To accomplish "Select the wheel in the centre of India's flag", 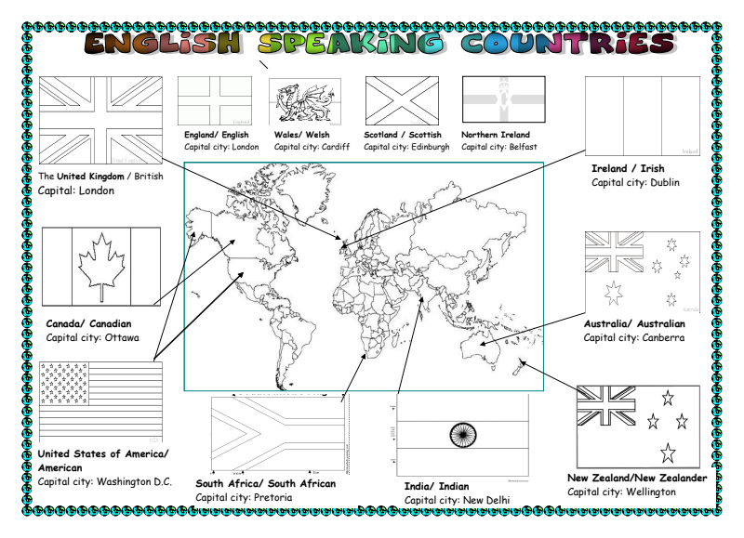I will click(x=462, y=434).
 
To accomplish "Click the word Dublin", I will click(x=664, y=183).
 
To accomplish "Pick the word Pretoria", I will click(x=271, y=497).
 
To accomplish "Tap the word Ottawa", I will click(x=121, y=337).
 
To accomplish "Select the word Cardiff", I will click(x=332, y=147).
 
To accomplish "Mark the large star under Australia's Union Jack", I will click(x=613, y=293).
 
